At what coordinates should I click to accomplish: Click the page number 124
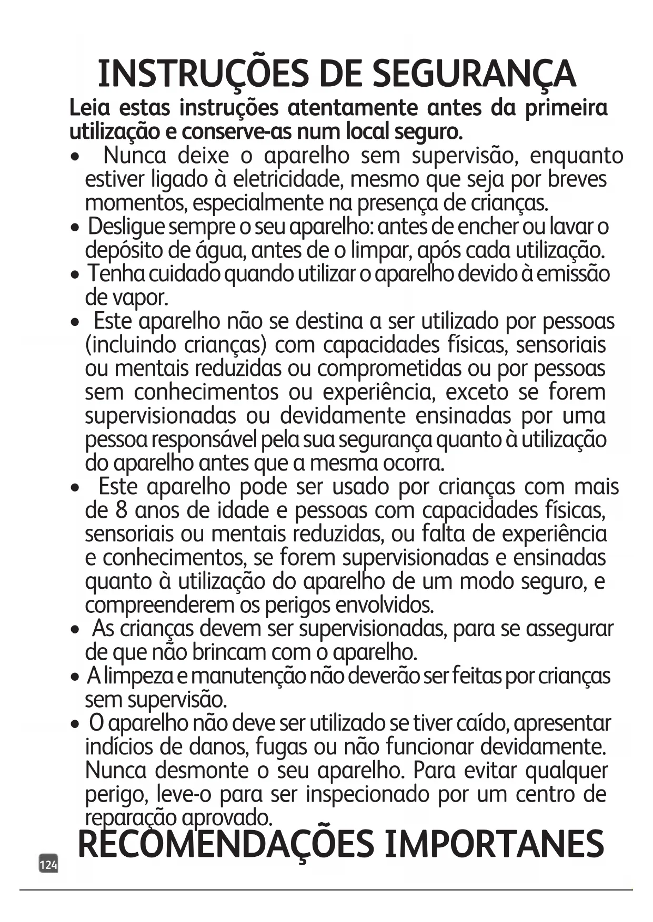pyautogui.click(x=48, y=865)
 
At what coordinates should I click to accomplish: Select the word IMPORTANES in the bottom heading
pyautogui.click(x=494, y=844)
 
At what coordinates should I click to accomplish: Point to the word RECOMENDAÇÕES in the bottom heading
pyautogui.click(x=226, y=844)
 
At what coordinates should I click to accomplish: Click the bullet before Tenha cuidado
pyautogui.click(x=76, y=275)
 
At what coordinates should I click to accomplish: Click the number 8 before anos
pyautogui.click(x=120, y=510)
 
